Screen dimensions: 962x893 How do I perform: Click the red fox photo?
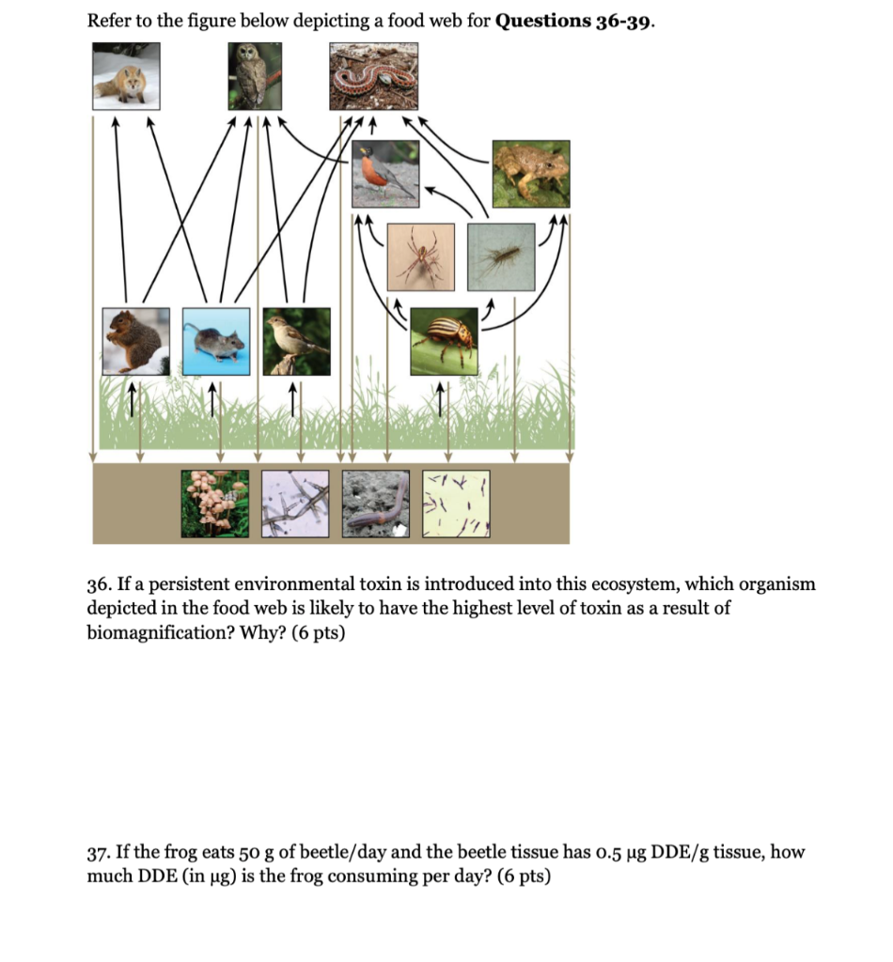pos(127,77)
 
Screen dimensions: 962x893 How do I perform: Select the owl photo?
pos(255,77)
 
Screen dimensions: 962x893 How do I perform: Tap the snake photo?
pos(374,78)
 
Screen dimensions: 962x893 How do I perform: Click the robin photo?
pos(385,174)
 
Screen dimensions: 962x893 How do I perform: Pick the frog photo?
pos(531,174)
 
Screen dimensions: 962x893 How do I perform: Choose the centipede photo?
pos(502,255)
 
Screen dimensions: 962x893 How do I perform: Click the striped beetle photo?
pos(444,341)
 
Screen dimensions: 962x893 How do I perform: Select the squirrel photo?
pos(136,340)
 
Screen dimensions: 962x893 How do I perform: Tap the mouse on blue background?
pos(216,341)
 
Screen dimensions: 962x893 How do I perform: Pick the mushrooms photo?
pos(215,504)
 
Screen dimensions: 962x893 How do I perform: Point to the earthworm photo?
pos(377,504)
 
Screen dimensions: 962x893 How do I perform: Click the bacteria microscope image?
pos(457,504)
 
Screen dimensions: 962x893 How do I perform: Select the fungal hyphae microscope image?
pos(296,504)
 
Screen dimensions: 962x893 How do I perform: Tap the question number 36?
pos(99,584)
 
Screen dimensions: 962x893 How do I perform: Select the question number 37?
pos(99,853)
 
